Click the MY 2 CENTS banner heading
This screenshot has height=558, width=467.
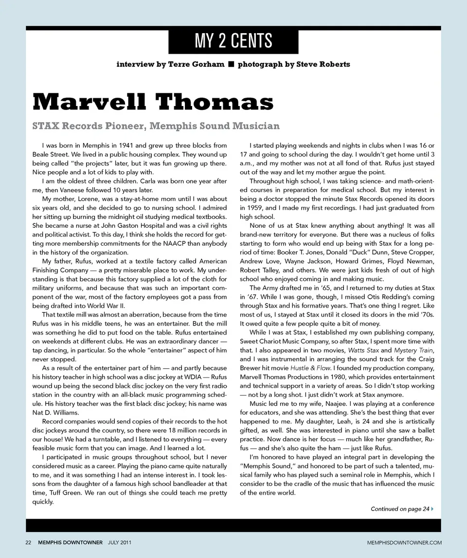[233, 41]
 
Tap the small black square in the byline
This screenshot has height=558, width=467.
[232, 64]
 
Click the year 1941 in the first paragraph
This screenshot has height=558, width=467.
[146, 145]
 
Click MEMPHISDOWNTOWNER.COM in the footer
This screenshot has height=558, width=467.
[404, 542]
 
